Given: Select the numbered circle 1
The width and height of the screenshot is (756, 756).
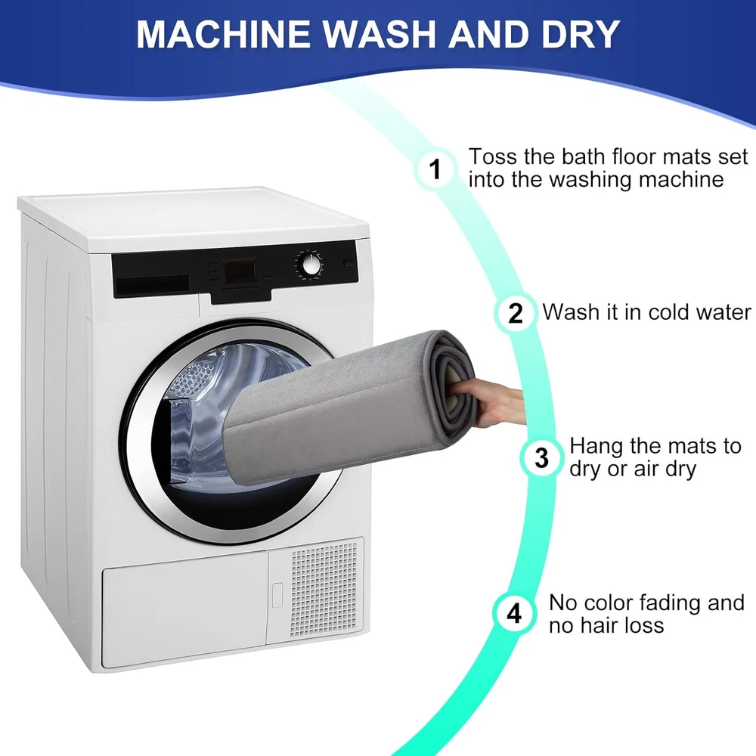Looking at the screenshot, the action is (435, 169).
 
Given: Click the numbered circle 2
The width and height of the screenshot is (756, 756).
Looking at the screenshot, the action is (516, 313).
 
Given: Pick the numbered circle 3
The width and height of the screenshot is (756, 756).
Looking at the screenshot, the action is (541, 457).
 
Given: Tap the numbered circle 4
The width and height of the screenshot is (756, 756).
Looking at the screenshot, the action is (514, 613).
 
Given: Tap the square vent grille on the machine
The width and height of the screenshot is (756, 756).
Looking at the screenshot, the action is (324, 589).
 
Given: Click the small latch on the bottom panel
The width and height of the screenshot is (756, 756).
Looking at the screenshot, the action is (277, 594).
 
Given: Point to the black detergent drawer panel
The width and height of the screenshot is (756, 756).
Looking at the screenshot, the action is (154, 275).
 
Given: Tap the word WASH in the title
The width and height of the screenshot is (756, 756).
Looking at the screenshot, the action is (380, 34).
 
